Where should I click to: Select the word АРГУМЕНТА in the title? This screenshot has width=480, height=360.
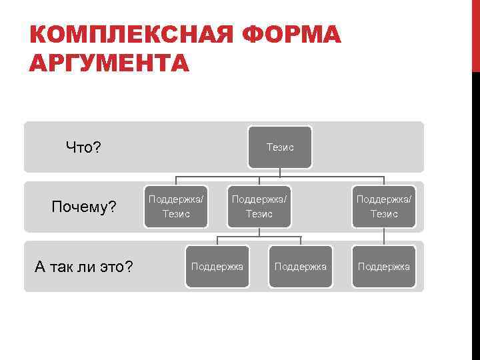coord(110,63)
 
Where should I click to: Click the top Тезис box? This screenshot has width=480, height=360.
coord(279,147)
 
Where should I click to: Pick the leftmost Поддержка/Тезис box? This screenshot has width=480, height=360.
coord(176,207)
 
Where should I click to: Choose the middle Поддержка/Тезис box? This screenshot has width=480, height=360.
coord(259,207)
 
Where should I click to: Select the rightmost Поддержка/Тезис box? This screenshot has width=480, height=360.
coord(383,207)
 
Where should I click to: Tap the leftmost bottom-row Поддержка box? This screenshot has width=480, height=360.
coord(217,267)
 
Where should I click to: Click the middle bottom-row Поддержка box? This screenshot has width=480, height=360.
coord(300,267)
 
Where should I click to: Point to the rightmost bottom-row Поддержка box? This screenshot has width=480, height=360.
coord(383,267)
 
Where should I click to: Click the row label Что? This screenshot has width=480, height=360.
coord(83,147)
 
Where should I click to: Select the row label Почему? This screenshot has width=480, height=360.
coord(84,208)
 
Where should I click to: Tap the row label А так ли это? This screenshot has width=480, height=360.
coord(83,267)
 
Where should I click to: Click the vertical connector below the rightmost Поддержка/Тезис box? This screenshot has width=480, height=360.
coord(383,237)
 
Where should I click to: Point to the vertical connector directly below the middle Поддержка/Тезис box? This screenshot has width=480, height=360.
coord(259,232)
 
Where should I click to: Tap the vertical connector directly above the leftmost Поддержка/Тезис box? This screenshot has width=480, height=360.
coord(176,181)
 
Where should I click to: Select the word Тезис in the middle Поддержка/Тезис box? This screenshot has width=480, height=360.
coord(259,214)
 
